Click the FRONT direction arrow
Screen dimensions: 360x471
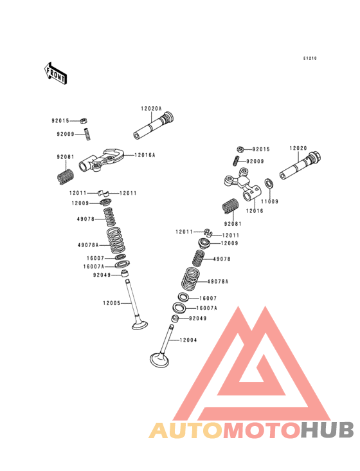pyautogui.click(x=55, y=73)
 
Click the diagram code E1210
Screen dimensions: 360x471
pyautogui.click(x=310, y=59)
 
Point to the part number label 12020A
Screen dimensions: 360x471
pyautogui.click(x=151, y=109)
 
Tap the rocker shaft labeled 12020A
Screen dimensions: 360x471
pyautogui.click(x=154, y=125)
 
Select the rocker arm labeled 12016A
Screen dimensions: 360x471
pyautogui.click(x=102, y=160)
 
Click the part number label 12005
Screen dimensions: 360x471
pyautogui.click(x=112, y=303)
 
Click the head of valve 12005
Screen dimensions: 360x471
pyautogui.click(x=139, y=325)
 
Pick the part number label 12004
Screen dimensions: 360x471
pyautogui.click(x=188, y=340)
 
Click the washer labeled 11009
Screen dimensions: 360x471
pyautogui.click(x=269, y=183)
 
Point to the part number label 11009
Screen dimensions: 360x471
pyautogui.click(x=269, y=201)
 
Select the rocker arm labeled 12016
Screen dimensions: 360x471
pyautogui.click(x=243, y=185)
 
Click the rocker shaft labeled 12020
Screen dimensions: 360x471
pyautogui.click(x=300, y=166)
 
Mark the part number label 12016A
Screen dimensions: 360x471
pyautogui.click(x=145, y=155)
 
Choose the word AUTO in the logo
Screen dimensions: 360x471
pyautogui.click(x=186, y=430)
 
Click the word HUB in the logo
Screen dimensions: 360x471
pyautogui.click(x=328, y=430)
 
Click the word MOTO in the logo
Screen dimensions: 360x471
pyautogui.click(x=262, y=430)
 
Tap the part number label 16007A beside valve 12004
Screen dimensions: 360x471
pyautogui.click(x=207, y=308)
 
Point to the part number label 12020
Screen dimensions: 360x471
pyautogui.click(x=298, y=148)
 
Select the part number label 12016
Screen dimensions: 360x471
pyautogui.click(x=255, y=211)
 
